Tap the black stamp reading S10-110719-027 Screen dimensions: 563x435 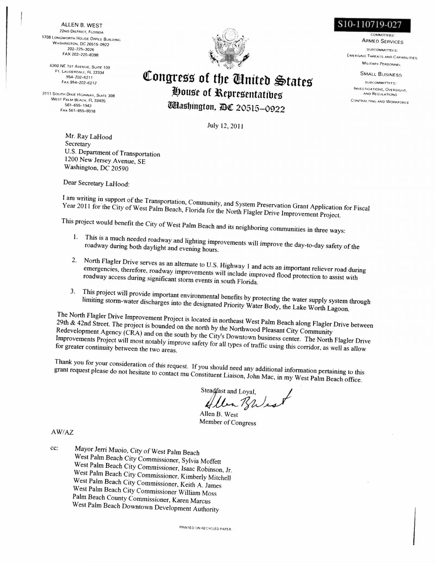[372, 25]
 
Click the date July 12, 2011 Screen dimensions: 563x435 [225, 126]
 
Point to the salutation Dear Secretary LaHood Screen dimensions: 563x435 [96, 183]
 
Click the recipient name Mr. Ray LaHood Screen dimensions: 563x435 [89, 137]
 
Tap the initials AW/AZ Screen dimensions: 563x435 [62, 432]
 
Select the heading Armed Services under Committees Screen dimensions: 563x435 [382, 41]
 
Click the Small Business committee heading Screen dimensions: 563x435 [381, 74]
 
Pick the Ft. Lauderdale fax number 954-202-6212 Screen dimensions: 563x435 [79, 83]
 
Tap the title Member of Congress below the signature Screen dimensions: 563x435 [228, 423]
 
